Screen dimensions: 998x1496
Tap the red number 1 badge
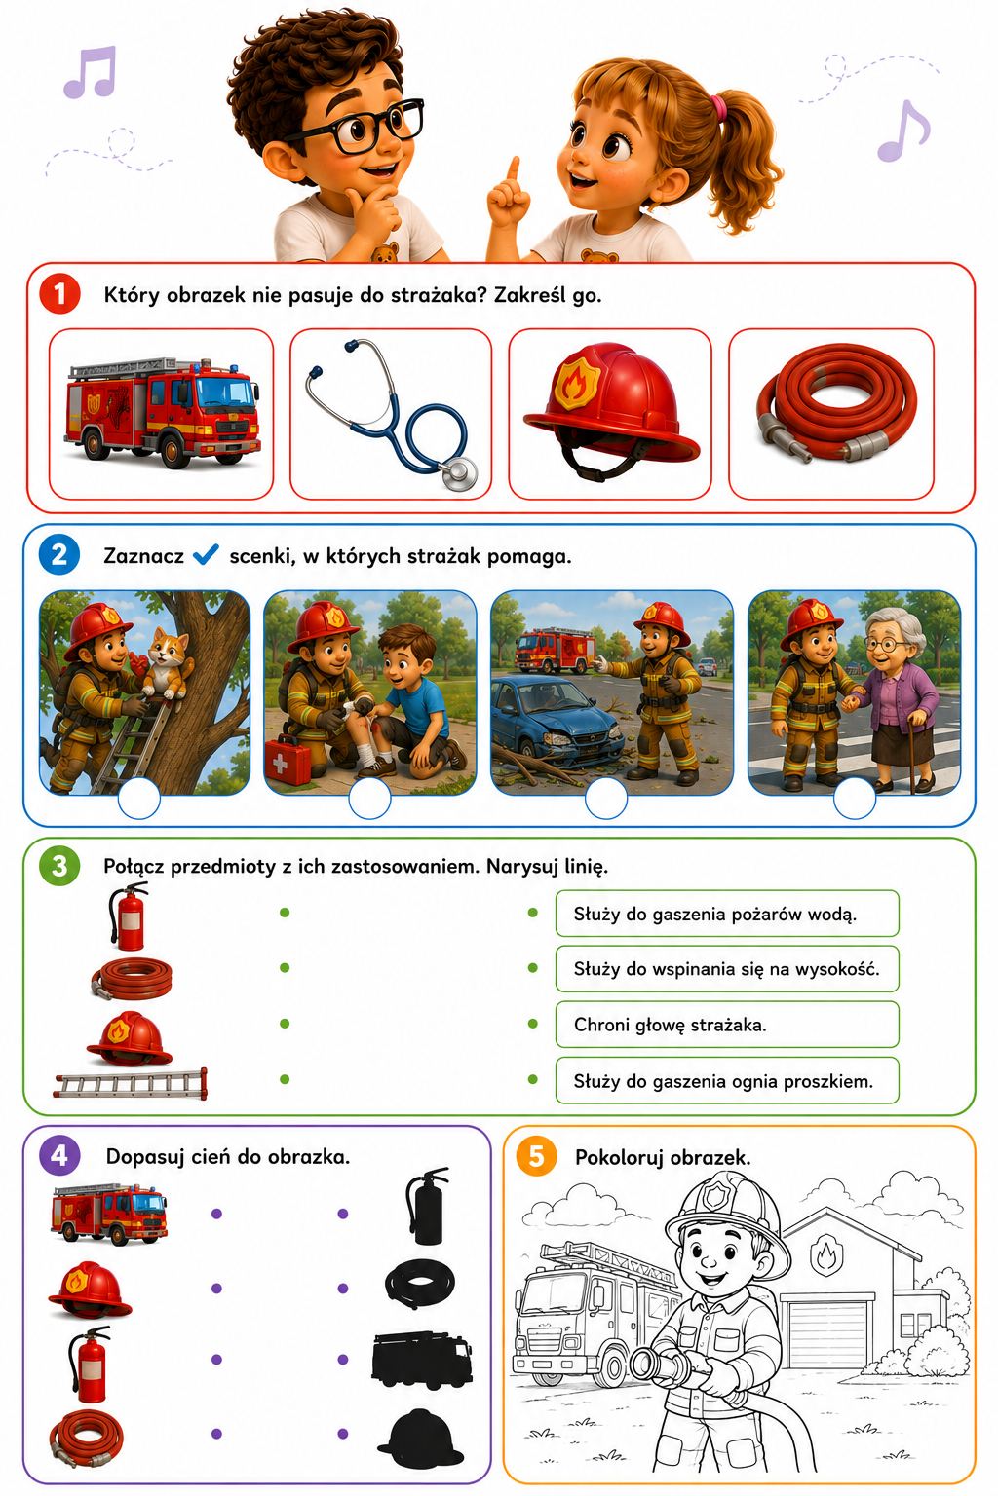[59, 294]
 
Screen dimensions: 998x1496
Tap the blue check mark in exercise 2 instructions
[206, 554]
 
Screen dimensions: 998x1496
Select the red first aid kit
[288, 761]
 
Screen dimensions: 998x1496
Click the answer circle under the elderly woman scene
[855, 798]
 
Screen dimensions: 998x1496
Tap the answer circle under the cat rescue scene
[139, 798]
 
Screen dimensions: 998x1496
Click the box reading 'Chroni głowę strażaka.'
[727, 1025]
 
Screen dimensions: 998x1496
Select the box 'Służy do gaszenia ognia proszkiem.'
[727, 1080]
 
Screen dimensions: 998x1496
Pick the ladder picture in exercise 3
[131, 1084]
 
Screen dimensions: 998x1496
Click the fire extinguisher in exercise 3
[129, 916]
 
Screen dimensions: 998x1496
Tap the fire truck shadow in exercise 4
[422, 1361]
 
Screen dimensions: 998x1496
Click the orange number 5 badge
[537, 1156]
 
